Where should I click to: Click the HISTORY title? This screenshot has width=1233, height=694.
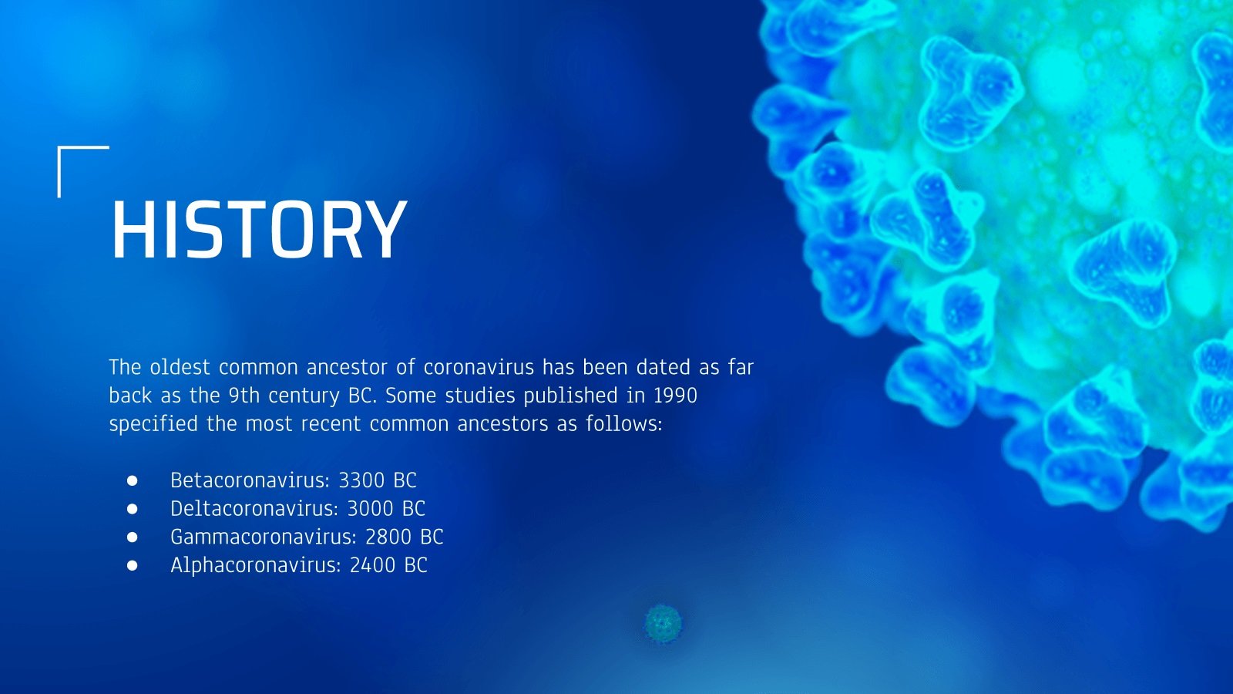[x=259, y=230]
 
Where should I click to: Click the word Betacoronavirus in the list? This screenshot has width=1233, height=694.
[x=250, y=480]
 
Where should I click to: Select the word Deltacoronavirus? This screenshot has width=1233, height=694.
[x=254, y=508]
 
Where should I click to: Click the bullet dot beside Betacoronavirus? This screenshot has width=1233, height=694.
[x=132, y=481]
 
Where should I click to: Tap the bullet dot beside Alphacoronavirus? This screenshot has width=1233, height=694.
[x=132, y=566]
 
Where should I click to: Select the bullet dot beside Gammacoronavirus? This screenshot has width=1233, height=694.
[x=132, y=537]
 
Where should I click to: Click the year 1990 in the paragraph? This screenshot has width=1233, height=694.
[x=675, y=396]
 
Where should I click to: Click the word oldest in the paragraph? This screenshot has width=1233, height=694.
[x=180, y=367]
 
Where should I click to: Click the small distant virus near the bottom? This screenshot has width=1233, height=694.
[x=664, y=624]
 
